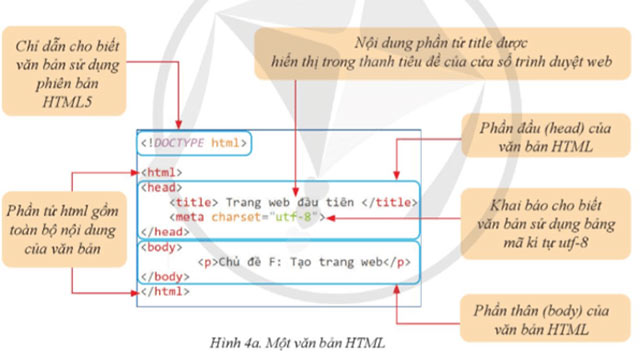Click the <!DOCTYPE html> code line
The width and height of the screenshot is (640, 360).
[x=192, y=143]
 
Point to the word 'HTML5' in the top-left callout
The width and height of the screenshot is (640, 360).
[x=66, y=101]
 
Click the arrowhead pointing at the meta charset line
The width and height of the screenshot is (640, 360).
[x=329, y=215]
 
